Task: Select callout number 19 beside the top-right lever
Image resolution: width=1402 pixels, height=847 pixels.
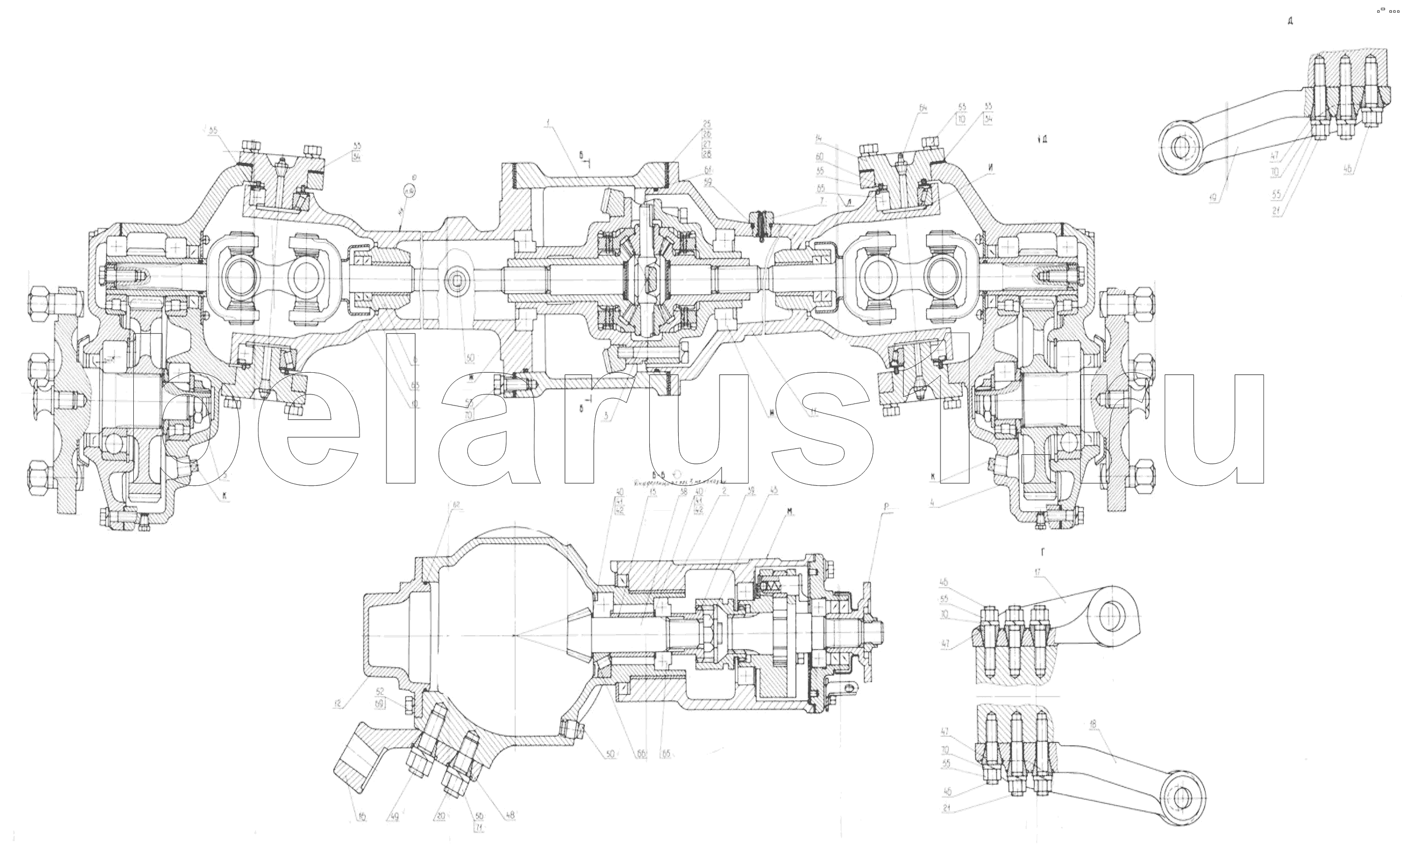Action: pos(1214,198)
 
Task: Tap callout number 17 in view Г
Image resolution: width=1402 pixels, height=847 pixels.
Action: pos(1038,573)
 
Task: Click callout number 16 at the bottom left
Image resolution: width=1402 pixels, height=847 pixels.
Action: pos(362,817)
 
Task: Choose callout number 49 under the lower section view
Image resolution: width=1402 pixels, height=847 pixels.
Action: pos(393,816)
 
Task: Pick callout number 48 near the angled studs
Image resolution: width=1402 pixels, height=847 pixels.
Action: pos(509,815)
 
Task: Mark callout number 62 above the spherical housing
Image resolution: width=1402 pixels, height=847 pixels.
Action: pos(454,504)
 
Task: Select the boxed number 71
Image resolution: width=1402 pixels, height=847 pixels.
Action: pos(478,827)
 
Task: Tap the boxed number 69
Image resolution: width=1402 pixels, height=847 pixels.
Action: pos(380,704)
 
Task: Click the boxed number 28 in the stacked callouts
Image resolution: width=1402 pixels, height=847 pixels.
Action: pos(707,154)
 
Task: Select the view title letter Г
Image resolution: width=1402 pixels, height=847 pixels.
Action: pos(1043,551)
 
